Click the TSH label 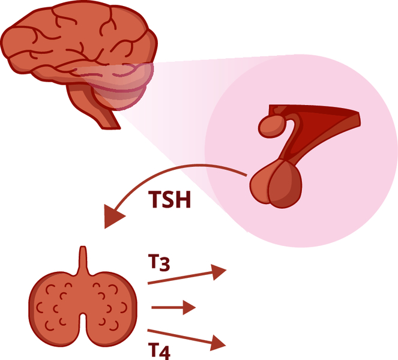pyautogui.click(x=170, y=199)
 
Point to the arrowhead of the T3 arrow pyautogui.click(x=219, y=272)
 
